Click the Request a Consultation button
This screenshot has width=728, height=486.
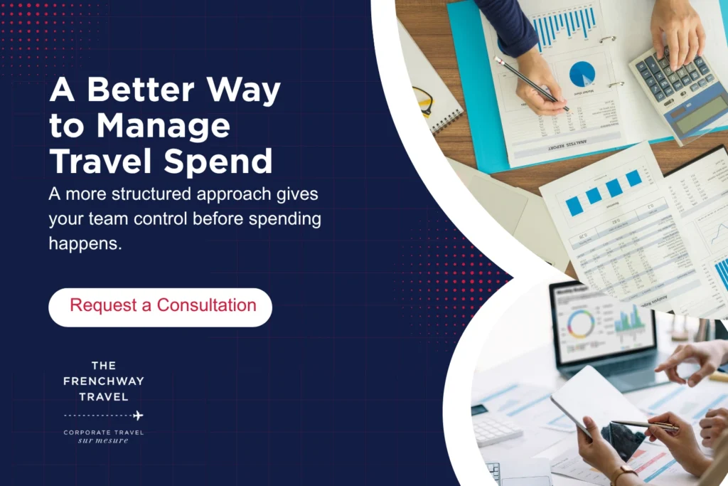(x=160, y=307)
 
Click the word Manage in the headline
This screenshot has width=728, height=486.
(x=164, y=127)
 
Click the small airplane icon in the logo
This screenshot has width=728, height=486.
(x=138, y=415)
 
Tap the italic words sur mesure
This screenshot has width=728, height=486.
(x=103, y=440)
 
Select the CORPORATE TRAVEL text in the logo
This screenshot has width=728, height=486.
(x=103, y=432)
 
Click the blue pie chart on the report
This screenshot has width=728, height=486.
(x=582, y=73)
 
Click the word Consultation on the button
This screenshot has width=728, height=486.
(x=206, y=306)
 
